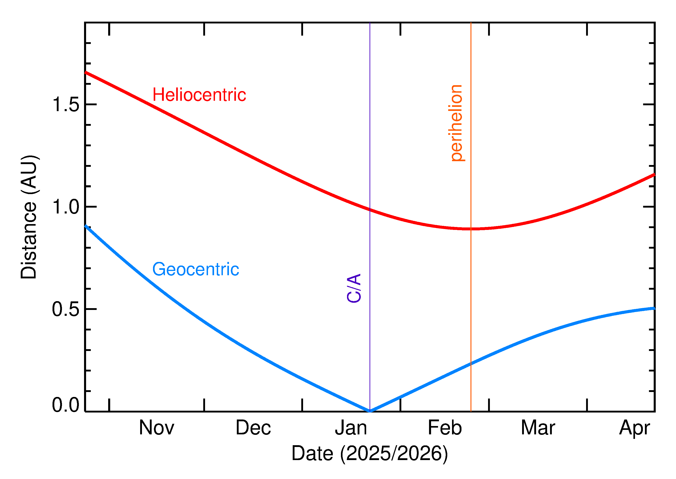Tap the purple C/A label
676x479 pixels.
pos(354,288)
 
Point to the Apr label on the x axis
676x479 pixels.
pos(635,428)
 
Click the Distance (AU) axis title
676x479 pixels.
pos(29,217)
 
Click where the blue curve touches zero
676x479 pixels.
pos(370,411)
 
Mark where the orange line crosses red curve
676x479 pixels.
pos(471,229)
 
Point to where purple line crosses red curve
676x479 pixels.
pos(370,210)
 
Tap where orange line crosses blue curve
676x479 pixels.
pos(471,364)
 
